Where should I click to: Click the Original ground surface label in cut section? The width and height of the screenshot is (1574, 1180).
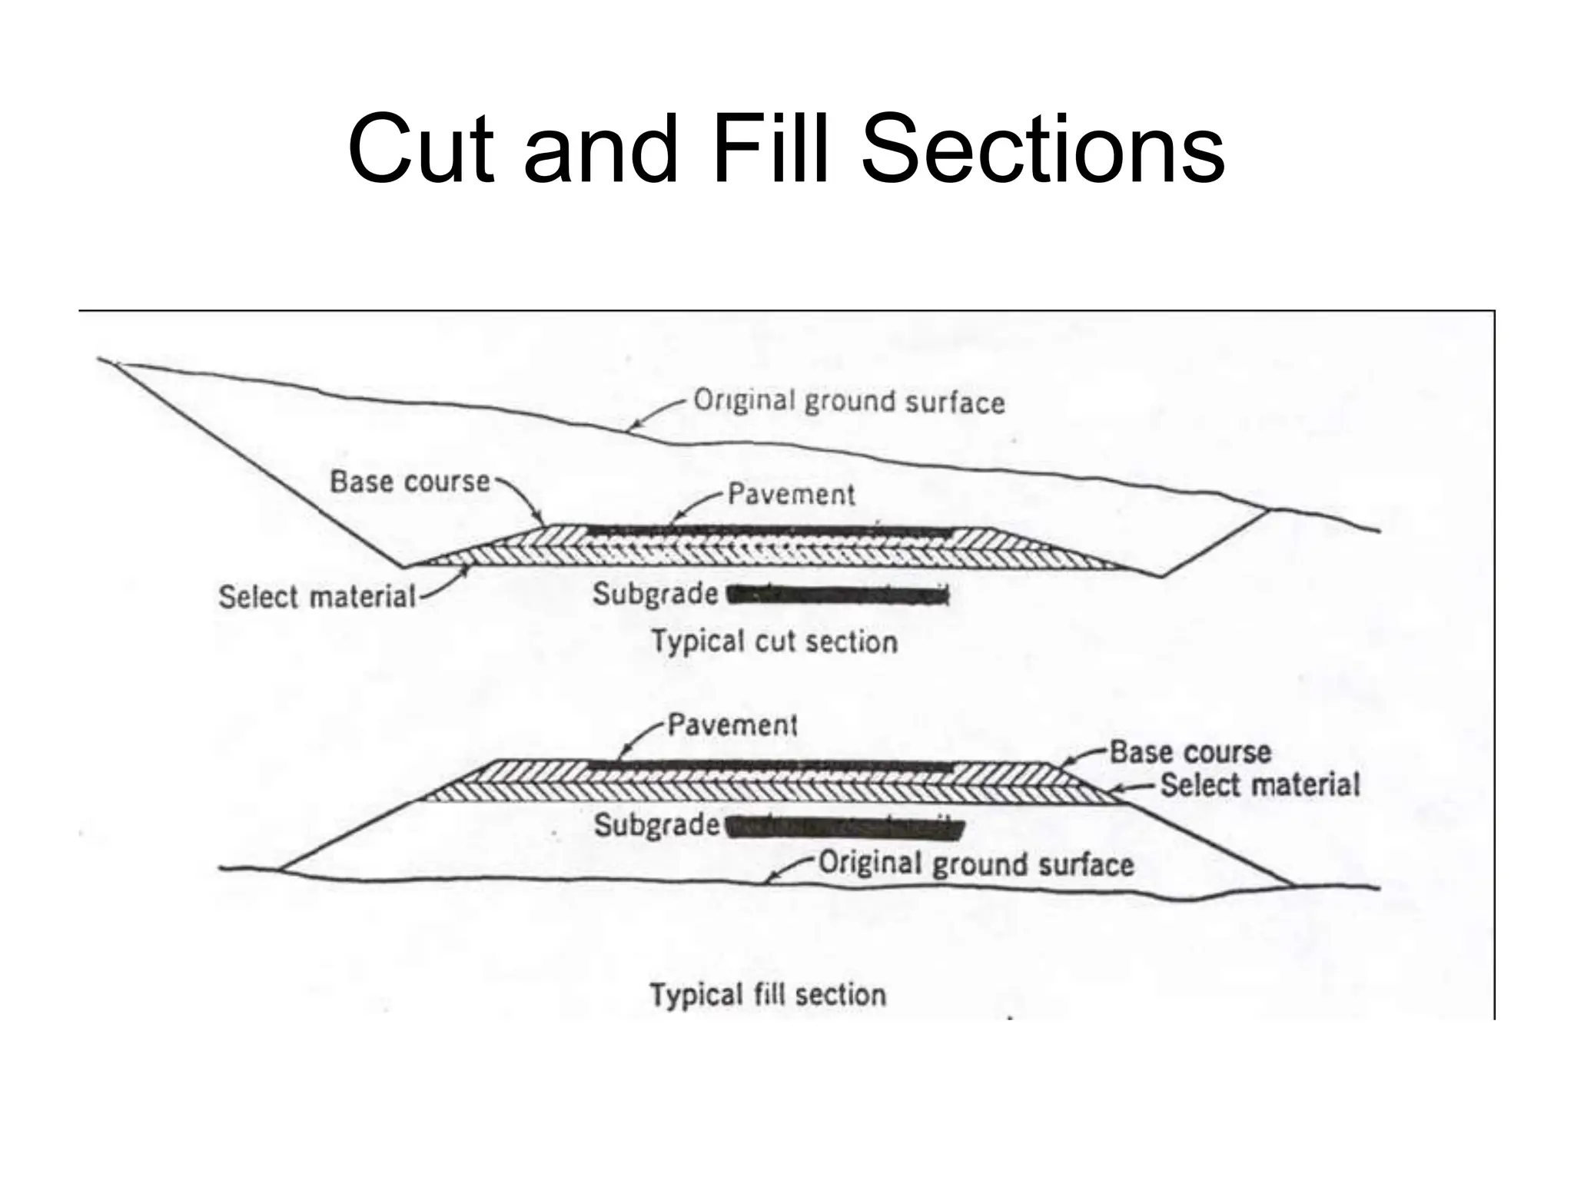pyautogui.click(x=848, y=402)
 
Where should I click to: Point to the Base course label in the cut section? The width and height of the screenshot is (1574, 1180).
pyautogui.click(x=410, y=482)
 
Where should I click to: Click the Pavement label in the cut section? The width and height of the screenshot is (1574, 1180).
pyautogui.click(x=791, y=494)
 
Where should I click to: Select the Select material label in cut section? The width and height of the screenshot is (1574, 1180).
pyautogui.click(x=317, y=597)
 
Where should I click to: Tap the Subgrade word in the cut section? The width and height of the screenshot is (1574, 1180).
pyautogui.click(x=655, y=594)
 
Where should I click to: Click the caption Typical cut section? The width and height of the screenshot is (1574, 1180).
pyautogui.click(x=775, y=641)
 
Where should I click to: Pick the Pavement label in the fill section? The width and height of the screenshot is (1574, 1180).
pyautogui.click(x=732, y=724)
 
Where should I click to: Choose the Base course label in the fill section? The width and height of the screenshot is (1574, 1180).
pyautogui.click(x=1190, y=752)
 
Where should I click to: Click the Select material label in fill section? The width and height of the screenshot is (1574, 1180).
pyautogui.click(x=1259, y=785)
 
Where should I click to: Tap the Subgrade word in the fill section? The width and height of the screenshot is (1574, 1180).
pyautogui.click(x=656, y=825)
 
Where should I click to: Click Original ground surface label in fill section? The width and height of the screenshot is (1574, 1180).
pyautogui.click(x=975, y=864)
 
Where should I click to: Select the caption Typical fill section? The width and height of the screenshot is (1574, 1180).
pyautogui.click(x=768, y=995)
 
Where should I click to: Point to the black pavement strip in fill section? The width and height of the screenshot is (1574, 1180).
pyautogui.click(x=769, y=766)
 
